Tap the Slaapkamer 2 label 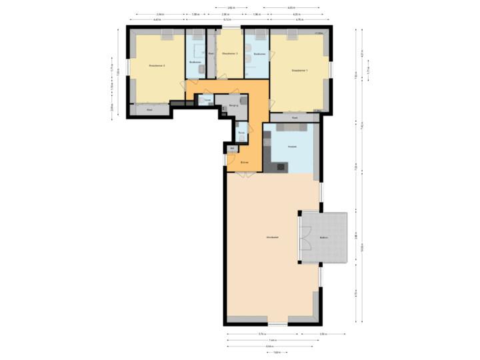click(x=157, y=65)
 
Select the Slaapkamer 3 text click(x=229, y=53)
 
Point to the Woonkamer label click(x=271, y=237)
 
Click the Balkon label click(x=324, y=237)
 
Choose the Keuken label click(x=292, y=146)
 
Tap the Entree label click(x=245, y=161)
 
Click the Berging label click(x=233, y=105)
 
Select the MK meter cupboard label click(x=232, y=148)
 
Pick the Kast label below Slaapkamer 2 click(x=149, y=109)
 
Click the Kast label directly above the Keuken click(x=295, y=117)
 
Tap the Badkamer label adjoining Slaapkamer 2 click(x=195, y=62)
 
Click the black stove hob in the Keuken click(x=280, y=166)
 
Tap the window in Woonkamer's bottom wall click(x=277, y=325)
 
